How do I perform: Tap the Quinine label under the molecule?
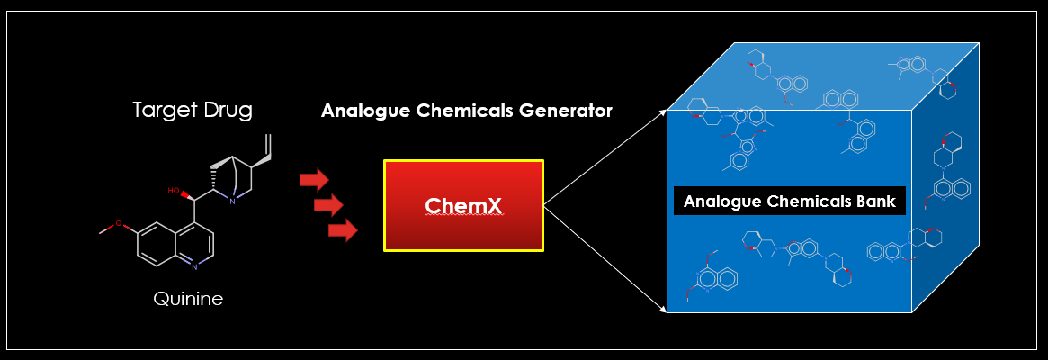pos(187,299)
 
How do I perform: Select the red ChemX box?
pos(463,206)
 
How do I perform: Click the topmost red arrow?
pos(314,179)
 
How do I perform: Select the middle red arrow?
pos(328,205)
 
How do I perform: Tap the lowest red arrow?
pos(343,231)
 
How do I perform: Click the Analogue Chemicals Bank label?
pos(789,202)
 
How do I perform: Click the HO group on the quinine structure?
pos(174,191)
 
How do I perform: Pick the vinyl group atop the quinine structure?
pos(266,144)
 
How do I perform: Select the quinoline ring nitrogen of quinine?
pos(194,266)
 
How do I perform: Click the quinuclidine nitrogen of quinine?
pos(231,202)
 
